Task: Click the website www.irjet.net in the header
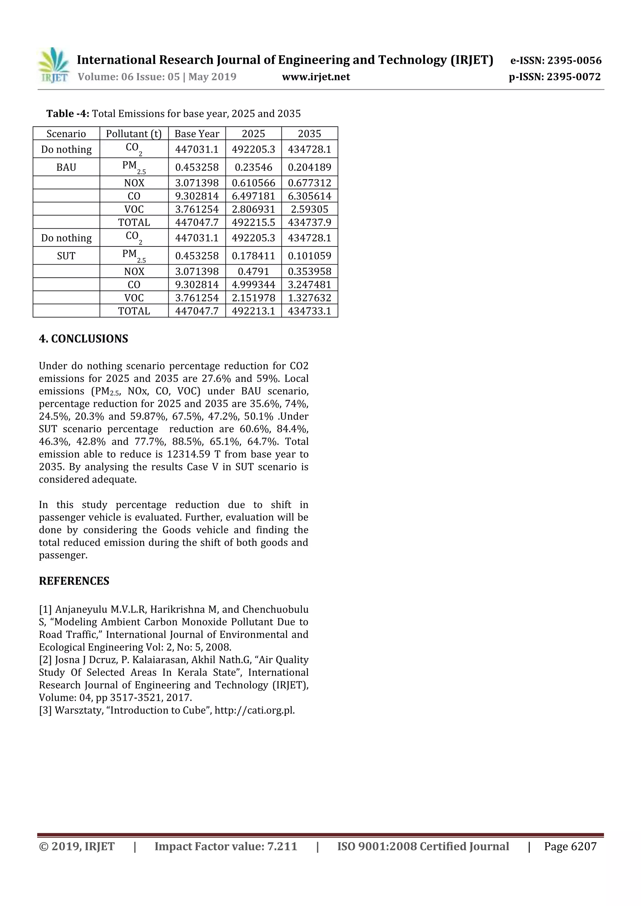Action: [x=315, y=77]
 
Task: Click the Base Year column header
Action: [x=197, y=134]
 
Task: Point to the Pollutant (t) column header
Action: [x=134, y=134]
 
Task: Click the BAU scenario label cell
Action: [x=66, y=167]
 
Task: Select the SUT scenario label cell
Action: [x=66, y=256]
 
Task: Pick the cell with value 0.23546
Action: [x=253, y=167]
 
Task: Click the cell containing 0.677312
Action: [x=309, y=183]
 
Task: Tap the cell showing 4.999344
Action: [x=253, y=285]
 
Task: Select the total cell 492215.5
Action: [x=253, y=222]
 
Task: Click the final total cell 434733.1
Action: [x=309, y=311]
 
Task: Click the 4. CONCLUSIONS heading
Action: [x=83, y=339]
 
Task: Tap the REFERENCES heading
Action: [x=74, y=581]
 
